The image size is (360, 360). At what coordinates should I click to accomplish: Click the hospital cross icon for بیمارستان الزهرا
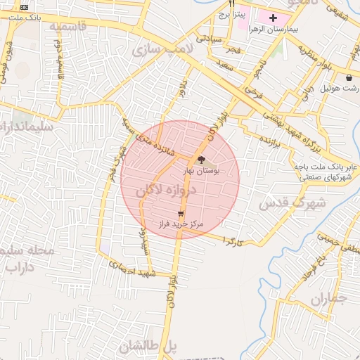[274, 16]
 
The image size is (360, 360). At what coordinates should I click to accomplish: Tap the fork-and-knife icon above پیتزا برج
[231, 4]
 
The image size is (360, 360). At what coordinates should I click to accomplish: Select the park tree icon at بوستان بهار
[203, 160]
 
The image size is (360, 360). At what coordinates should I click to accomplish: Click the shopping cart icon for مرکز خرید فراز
[181, 214]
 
